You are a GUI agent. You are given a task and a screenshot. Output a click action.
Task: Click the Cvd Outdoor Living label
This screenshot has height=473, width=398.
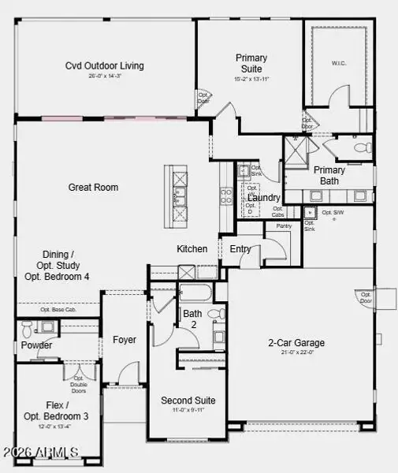104,65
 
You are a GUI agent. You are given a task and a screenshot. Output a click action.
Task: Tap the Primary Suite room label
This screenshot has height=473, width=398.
251,63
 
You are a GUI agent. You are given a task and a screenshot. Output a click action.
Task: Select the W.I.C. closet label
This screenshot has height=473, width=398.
340,63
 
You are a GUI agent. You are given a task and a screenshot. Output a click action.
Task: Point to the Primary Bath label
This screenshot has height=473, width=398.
329,175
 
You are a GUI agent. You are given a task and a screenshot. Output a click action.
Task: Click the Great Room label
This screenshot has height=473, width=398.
93,188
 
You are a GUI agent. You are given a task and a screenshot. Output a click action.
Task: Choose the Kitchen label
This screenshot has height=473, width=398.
192,249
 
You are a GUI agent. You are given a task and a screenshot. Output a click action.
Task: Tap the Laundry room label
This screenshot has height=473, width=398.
263,198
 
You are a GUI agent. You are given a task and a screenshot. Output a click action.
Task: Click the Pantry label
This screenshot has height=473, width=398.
283,226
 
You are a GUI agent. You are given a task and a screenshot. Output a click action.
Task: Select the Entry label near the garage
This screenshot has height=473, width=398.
240,249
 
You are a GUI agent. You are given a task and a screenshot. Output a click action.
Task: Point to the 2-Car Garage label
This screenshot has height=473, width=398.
296,343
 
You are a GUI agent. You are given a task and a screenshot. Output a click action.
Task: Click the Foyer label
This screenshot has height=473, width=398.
124,340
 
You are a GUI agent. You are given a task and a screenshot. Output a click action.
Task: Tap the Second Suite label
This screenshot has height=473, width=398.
188,400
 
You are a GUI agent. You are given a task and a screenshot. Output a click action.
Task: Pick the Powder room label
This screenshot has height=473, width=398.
36,345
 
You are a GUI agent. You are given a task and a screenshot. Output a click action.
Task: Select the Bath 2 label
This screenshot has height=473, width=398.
192,318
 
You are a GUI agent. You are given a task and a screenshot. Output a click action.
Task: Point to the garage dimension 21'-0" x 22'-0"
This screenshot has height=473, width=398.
296,353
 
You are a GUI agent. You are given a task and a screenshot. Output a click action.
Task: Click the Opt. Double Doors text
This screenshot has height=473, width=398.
78,385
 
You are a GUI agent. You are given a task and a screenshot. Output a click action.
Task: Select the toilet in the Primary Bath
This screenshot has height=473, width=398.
362,147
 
